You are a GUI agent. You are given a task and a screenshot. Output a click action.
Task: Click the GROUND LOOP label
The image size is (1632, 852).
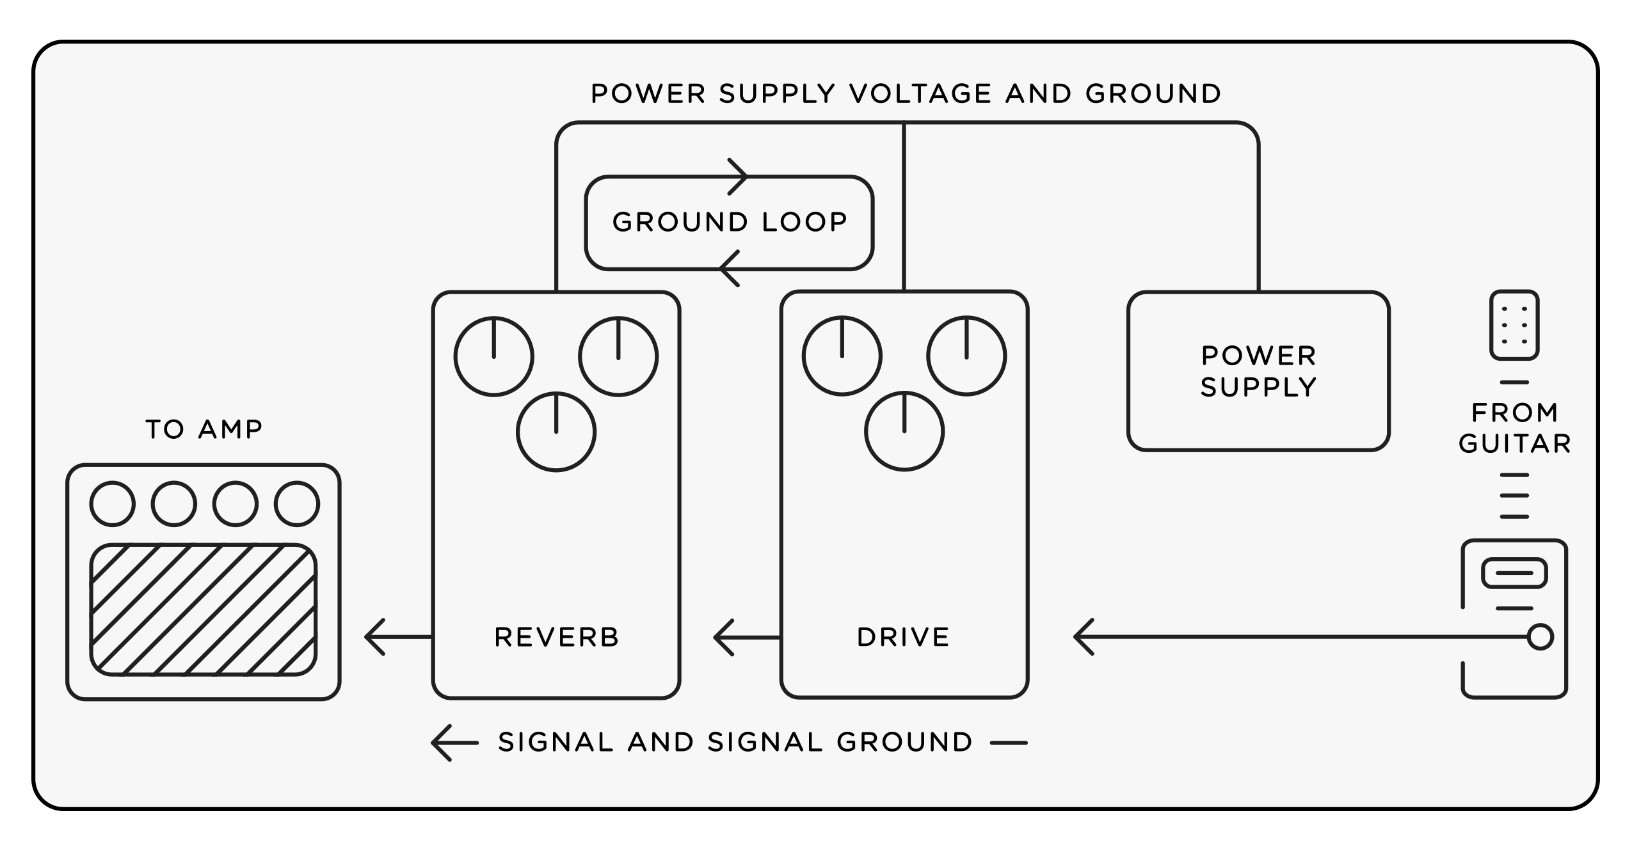pyautogui.click(x=730, y=222)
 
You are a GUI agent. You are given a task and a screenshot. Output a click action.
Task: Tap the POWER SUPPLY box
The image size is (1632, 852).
pyautogui.click(x=1258, y=371)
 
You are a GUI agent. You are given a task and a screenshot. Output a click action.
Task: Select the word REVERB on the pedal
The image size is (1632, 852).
pyautogui.click(x=556, y=637)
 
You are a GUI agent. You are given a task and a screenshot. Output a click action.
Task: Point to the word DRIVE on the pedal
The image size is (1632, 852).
pyautogui.click(x=903, y=637)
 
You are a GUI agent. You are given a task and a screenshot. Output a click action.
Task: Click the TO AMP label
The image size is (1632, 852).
pyautogui.click(x=204, y=429)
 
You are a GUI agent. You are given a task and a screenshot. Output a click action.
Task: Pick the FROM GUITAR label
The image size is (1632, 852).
pyautogui.click(x=1514, y=428)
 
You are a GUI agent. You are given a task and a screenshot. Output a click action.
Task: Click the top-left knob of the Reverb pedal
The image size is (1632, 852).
pyautogui.click(x=493, y=356)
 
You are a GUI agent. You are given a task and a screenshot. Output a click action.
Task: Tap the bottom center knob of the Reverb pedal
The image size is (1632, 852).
pyautogui.click(x=556, y=432)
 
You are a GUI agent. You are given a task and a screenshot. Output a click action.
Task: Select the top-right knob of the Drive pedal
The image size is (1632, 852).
pyautogui.click(x=966, y=356)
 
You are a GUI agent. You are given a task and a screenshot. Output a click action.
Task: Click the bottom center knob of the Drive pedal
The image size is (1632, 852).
pyautogui.click(x=904, y=432)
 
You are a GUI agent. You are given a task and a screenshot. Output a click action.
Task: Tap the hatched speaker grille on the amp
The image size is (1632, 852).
pyautogui.click(x=204, y=609)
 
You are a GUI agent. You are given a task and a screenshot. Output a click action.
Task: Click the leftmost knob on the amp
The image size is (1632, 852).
pyautogui.click(x=113, y=504)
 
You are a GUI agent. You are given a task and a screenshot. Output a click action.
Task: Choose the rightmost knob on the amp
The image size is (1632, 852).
pyautogui.click(x=297, y=504)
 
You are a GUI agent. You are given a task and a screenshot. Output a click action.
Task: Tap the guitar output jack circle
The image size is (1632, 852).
pyautogui.click(x=1540, y=637)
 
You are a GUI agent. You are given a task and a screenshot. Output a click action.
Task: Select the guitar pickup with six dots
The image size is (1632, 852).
pyautogui.click(x=1514, y=325)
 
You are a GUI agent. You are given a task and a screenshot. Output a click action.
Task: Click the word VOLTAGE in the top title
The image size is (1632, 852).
pyautogui.click(x=920, y=94)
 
